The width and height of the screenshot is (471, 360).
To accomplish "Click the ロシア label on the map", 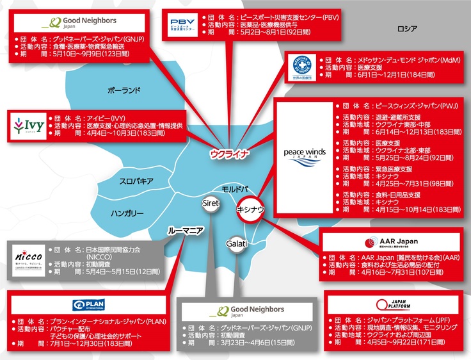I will tap(406, 29).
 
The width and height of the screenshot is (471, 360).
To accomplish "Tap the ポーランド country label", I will tap(124, 90).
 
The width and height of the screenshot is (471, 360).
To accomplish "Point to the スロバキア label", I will tap(136, 181).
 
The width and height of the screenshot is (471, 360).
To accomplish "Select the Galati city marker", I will tap(236, 243).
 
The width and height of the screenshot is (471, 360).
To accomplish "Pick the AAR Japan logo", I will tap(390, 242).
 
